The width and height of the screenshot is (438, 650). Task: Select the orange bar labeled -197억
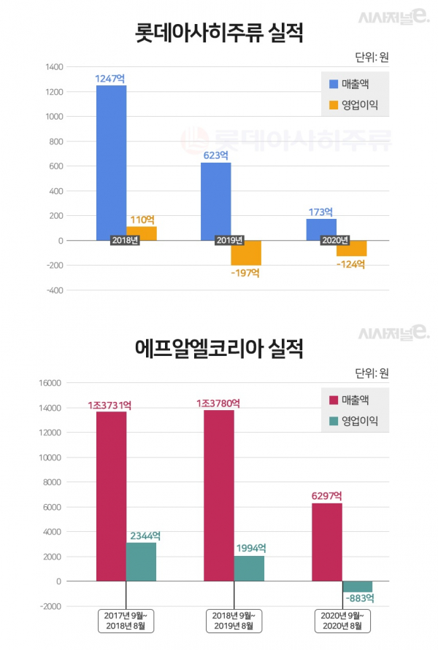click(246, 253)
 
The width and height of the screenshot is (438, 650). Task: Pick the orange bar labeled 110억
click(142, 233)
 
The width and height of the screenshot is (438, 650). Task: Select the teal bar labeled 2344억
click(141, 561)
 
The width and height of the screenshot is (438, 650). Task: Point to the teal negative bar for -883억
click(357, 587)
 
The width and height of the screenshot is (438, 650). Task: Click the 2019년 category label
click(230, 241)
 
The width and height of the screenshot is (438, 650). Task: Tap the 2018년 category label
click(125, 241)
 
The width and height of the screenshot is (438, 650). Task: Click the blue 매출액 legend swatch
click(334, 83)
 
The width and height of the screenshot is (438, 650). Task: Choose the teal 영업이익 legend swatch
click(334, 421)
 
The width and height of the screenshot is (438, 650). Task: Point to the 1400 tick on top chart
click(54, 67)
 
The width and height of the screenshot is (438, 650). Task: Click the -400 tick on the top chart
click(54, 290)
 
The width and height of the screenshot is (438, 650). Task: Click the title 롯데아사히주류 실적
click(219, 33)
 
